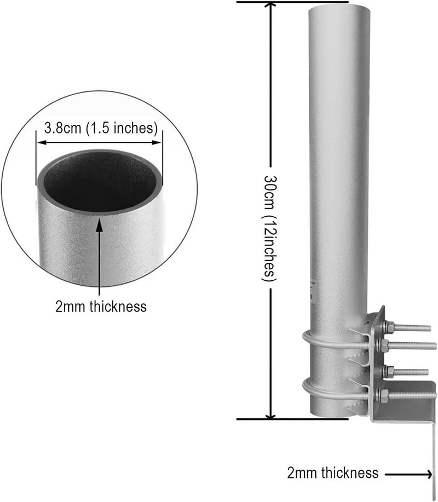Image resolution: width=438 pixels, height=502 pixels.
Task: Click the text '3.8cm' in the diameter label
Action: coord(62,128)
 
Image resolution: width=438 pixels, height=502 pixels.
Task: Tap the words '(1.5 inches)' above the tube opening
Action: coord(122,129)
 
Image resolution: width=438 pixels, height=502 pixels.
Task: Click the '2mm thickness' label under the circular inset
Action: coord(101,307)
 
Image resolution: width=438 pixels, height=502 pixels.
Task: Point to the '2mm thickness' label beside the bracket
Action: coord(333,472)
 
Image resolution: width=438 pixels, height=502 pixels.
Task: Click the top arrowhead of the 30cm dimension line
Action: coord(271,7)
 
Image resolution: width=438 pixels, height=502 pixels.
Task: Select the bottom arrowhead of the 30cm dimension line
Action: coord(271,414)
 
